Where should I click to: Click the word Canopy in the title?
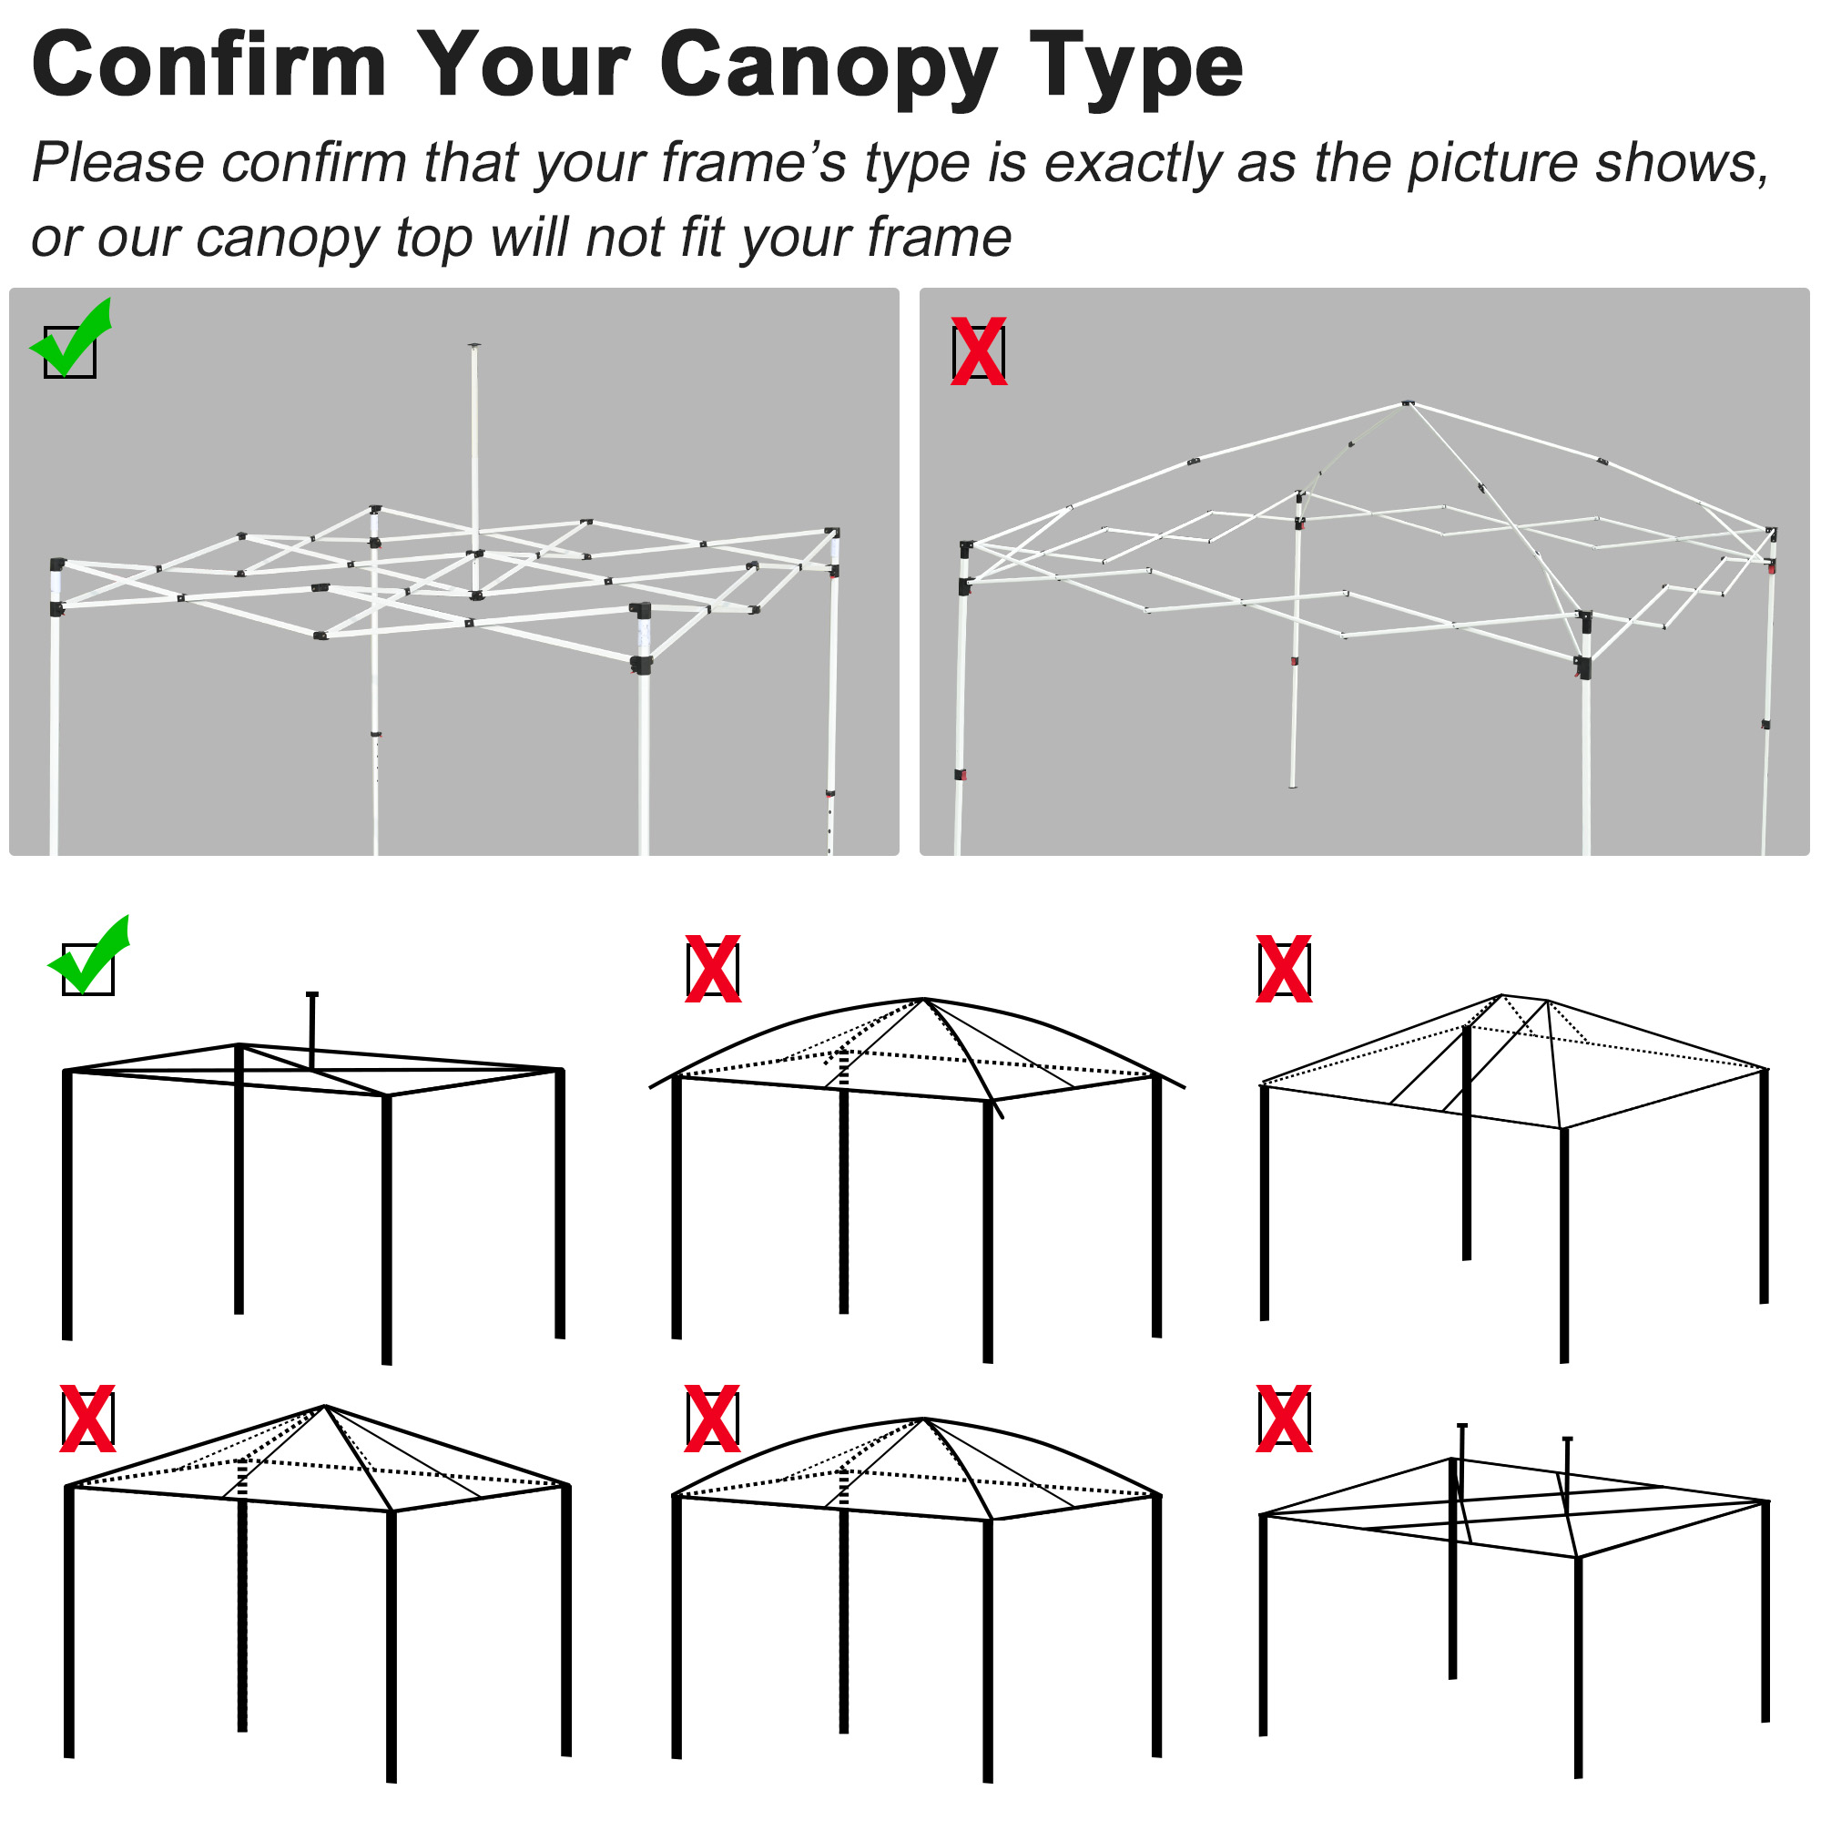click(828, 66)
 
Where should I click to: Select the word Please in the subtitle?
click(117, 162)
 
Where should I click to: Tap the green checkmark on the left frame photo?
click(72, 340)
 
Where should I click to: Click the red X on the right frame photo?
click(979, 351)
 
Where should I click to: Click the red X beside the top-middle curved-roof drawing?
click(713, 968)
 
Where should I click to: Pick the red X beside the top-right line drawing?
click(1284, 968)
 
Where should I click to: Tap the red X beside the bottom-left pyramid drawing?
click(87, 1418)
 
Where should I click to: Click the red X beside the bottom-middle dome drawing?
click(713, 1418)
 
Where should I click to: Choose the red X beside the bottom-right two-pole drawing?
click(1284, 1418)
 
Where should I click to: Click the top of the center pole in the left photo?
click(474, 347)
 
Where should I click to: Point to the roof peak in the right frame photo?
click(1407, 403)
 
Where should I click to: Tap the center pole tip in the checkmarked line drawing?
click(312, 994)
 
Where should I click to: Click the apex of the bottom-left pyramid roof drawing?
click(324, 1408)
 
